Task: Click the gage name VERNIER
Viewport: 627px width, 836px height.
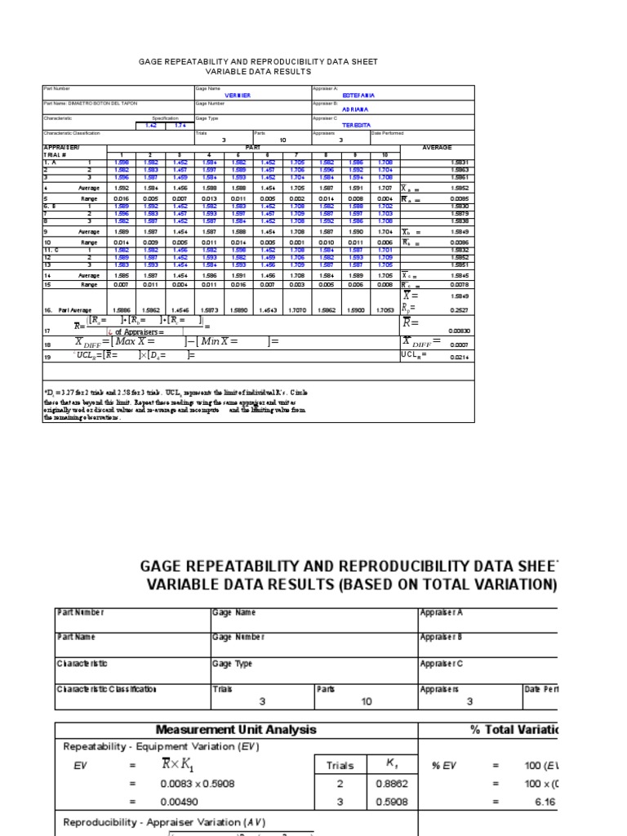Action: point(238,96)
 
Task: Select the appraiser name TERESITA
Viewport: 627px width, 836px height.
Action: point(356,125)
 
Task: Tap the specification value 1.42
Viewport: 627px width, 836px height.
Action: point(151,125)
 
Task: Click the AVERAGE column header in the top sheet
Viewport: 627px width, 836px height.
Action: point(436,148)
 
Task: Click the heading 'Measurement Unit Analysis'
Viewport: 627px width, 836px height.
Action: point(236,730)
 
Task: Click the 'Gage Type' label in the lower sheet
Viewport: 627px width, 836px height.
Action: point(232,664)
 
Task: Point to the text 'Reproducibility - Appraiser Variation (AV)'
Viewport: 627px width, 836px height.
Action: point(164,822)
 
